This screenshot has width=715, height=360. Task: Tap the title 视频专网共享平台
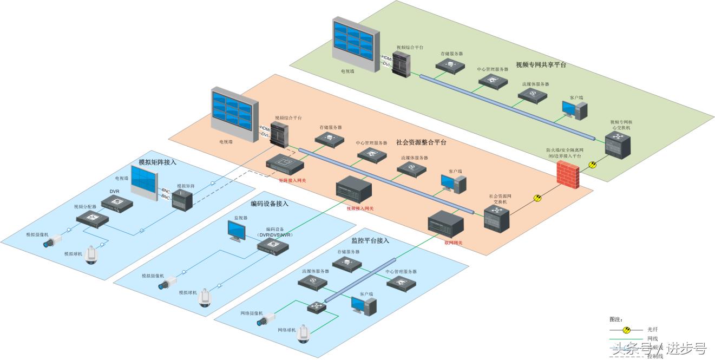point(541,64)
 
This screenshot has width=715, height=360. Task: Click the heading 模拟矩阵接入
point(158,162)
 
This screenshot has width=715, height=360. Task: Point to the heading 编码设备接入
point(270,204)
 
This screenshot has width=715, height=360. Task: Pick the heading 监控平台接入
point(370,240)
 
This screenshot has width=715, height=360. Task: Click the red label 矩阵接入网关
point(292,180)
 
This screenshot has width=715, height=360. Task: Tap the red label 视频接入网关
point(360,208)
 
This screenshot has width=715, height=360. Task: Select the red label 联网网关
point(453,243)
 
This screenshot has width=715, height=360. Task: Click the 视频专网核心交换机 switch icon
point(618,143)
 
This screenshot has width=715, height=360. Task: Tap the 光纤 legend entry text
point(652,329)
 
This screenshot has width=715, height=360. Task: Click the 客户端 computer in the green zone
point(574,110)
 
